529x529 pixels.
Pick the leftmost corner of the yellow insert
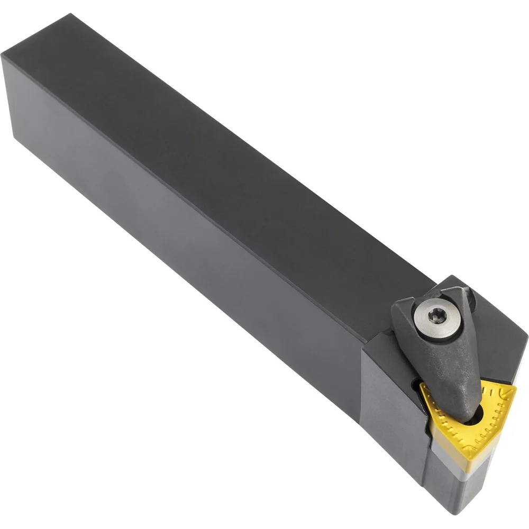422,385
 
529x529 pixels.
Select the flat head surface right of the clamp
497,339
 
